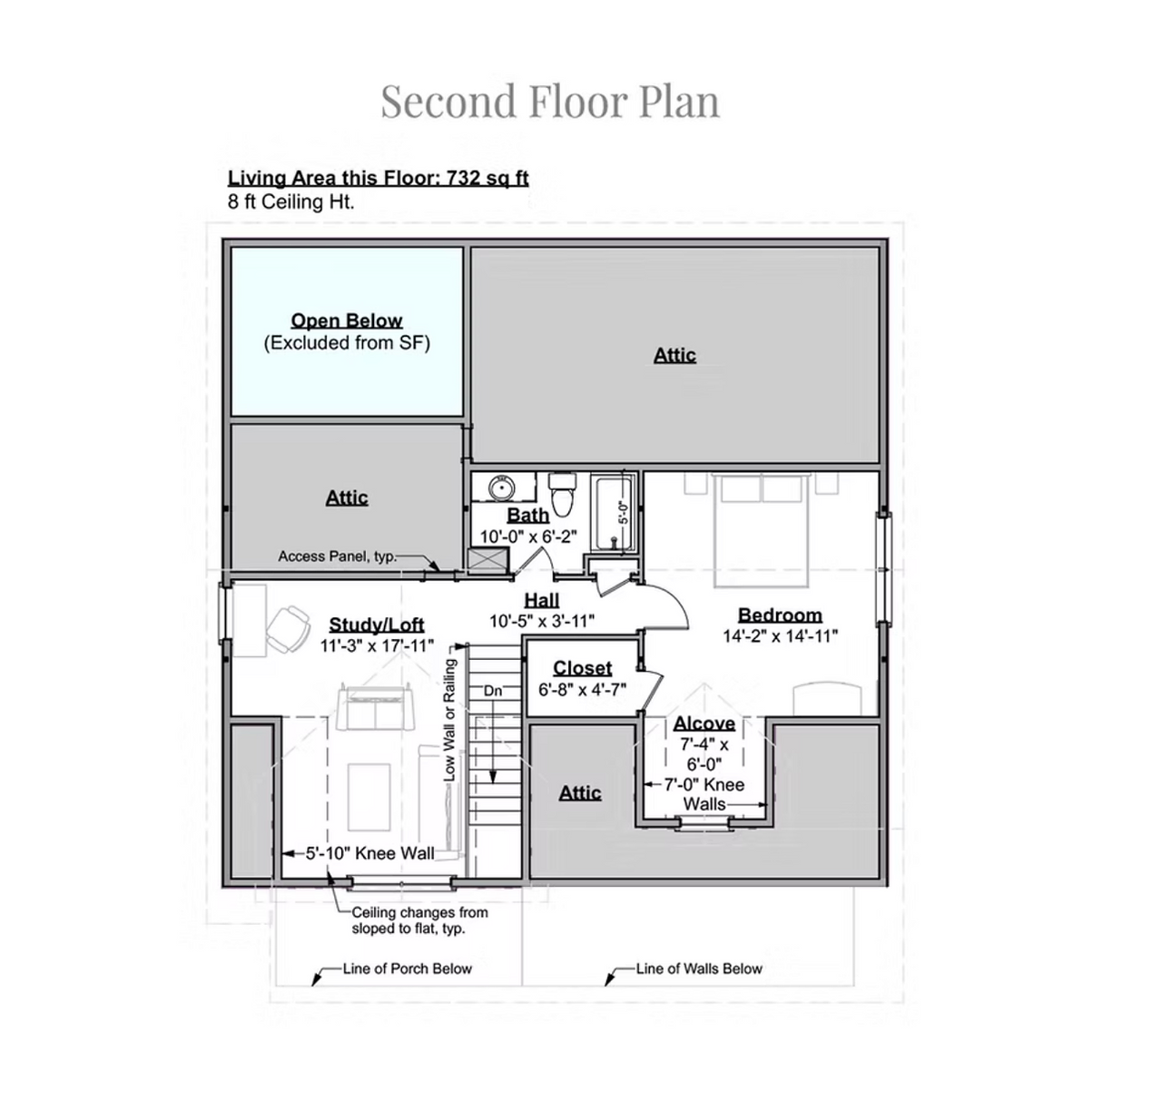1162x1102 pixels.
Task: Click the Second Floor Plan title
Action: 549,101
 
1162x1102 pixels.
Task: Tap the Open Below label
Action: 347,320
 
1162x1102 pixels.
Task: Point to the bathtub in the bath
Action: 613,513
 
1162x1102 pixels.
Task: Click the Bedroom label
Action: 780,615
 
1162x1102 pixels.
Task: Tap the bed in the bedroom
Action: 762,529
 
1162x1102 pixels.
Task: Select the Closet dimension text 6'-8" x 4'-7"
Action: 582,689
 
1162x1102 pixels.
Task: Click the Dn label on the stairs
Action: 493,691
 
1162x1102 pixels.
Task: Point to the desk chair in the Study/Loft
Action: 289,628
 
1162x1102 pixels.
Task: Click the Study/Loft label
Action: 377,625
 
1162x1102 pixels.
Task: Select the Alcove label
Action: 704,723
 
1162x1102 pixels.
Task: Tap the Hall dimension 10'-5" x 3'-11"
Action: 541,621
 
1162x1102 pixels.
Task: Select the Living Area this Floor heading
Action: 379,178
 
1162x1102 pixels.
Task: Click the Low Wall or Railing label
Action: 449,720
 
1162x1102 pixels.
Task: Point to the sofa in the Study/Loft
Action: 375,708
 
